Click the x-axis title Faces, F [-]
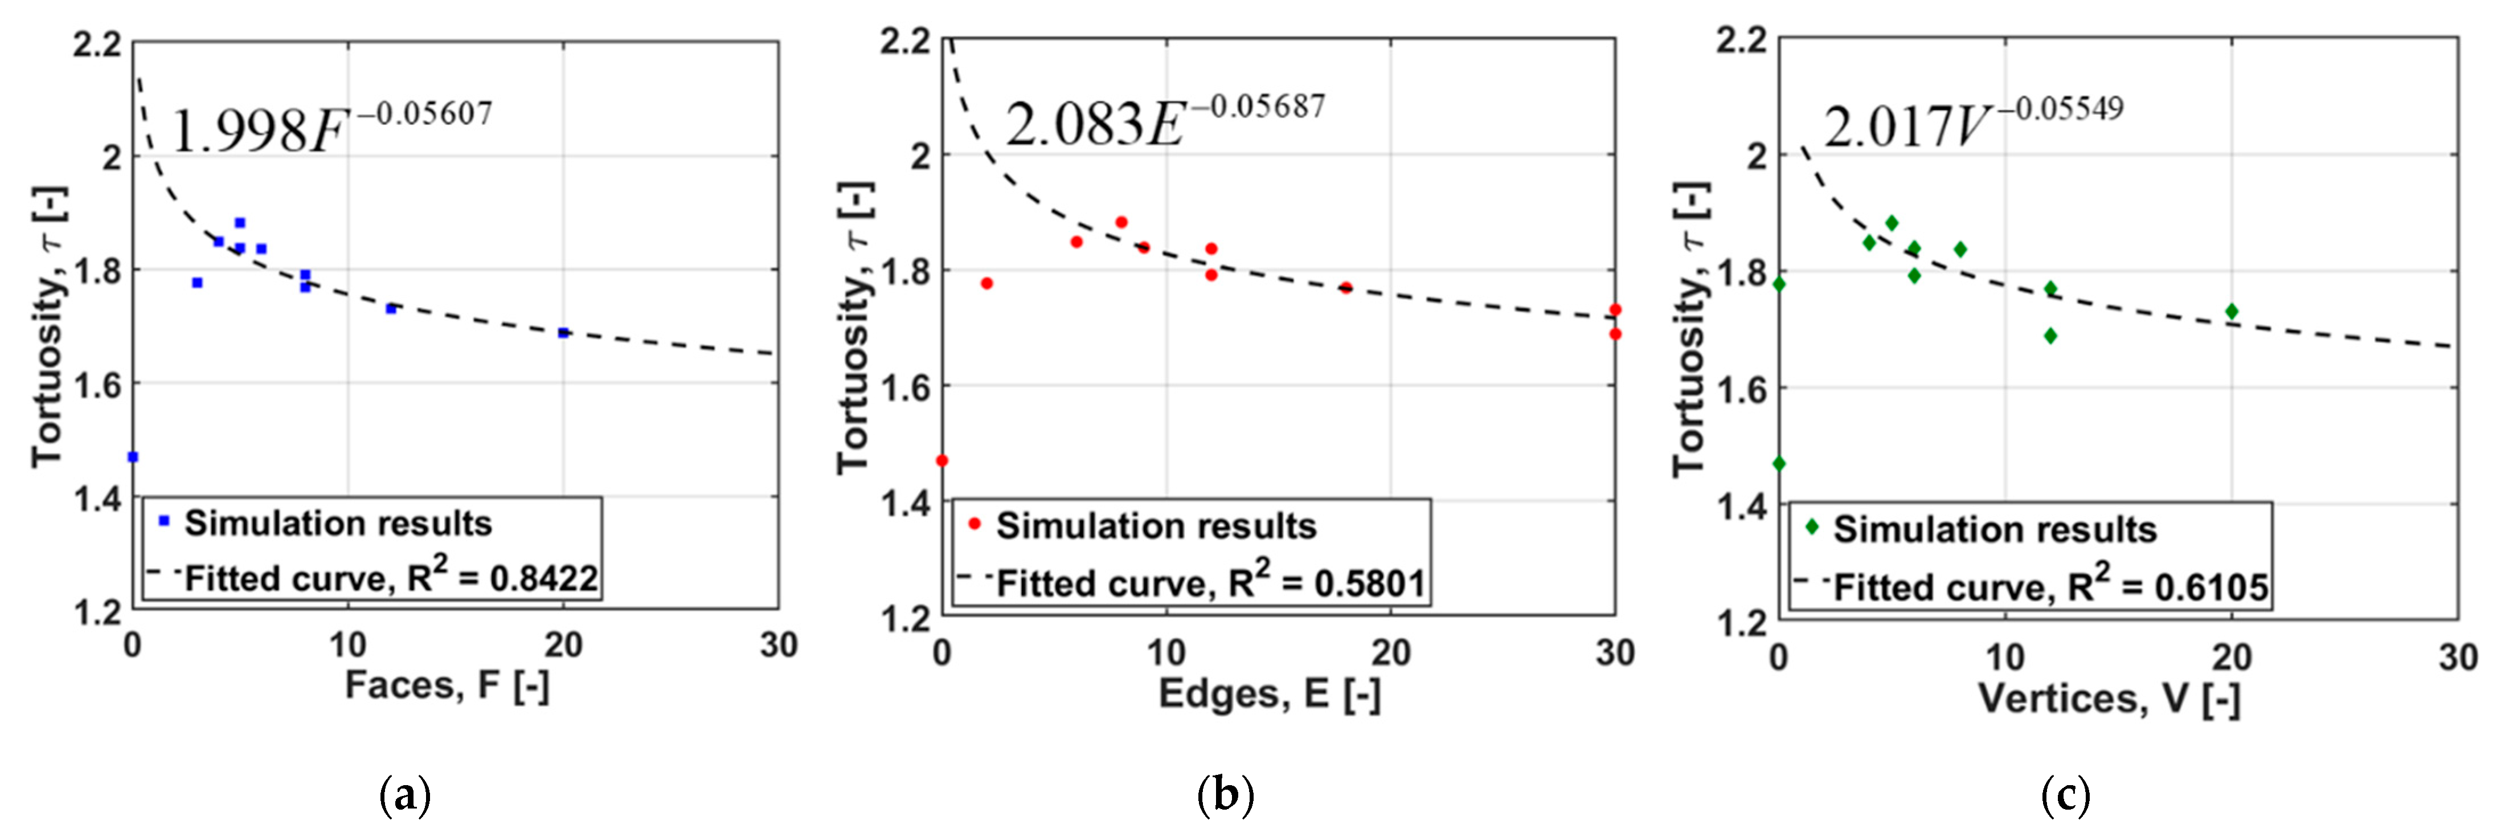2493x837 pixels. tap(447, 686)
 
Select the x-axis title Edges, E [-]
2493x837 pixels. tap(1269, 694)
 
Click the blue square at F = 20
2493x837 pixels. tap(563, 333)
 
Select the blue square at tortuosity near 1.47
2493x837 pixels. tap(133, 457)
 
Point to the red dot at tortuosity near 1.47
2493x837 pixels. tap(941, 460)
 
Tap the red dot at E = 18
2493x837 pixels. tap(1345, 287)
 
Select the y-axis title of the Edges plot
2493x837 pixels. tap(854, 329)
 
